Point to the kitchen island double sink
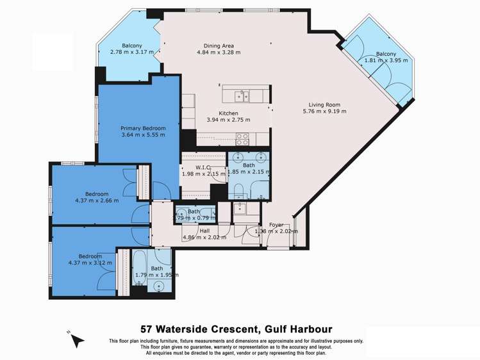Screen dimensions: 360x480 point(242,96)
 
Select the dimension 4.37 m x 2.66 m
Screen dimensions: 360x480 point(97,200)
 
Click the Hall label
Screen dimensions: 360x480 point(204,230)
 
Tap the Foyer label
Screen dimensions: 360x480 point(276,225)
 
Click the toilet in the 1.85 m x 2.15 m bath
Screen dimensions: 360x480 point(236,190)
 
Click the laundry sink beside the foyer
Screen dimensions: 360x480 point(241,207)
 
